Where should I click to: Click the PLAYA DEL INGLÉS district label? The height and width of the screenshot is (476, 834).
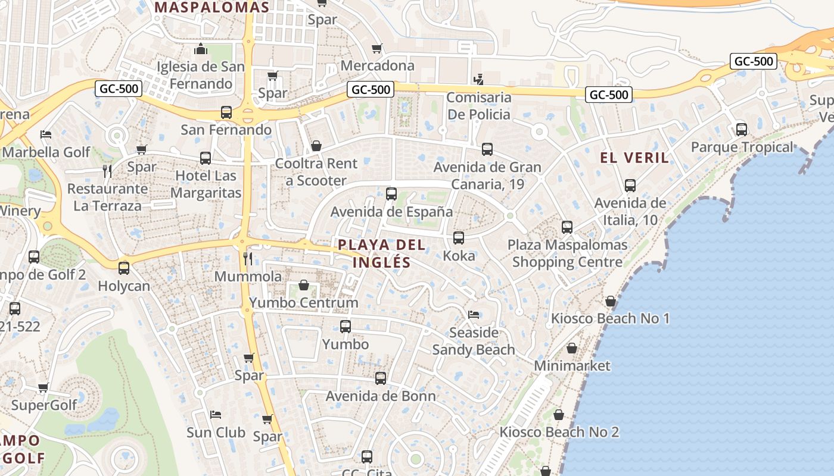coord(381,253)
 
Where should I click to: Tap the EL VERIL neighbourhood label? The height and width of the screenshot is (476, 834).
coord(634,158)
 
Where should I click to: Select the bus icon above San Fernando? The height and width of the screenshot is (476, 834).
coord(226,112)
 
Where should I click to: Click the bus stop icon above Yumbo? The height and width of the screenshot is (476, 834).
coord(346,326)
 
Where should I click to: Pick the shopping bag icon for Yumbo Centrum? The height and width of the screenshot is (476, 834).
coord(304,285)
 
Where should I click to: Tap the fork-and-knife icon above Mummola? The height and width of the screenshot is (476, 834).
coord(248,258)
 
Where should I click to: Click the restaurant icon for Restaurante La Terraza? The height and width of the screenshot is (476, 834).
coord(107,171)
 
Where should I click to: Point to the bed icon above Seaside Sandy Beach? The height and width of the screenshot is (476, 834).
coord(474,314)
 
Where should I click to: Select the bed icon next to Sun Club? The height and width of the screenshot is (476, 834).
coord(216,414)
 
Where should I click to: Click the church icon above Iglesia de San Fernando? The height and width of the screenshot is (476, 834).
coord(201,48)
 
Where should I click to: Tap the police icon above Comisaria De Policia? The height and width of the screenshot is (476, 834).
coord(478,79)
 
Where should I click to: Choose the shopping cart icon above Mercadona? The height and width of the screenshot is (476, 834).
coord(376,48)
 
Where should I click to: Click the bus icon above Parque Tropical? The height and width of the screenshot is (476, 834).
coord(742,129)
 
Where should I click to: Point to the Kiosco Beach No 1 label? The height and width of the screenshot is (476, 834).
coord(610,318)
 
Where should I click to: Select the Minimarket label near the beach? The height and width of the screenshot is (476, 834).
coord(572,365)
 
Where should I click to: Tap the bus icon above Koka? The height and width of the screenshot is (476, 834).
coord(459,238)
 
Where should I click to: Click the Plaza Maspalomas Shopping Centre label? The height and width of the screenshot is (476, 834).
coord(567,253)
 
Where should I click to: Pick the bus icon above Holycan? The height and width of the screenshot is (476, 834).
coord(124,268)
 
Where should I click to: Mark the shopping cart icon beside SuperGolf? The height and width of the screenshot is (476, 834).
coord(43,388)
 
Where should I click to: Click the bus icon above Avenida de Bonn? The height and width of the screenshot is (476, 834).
coord(381,378)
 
